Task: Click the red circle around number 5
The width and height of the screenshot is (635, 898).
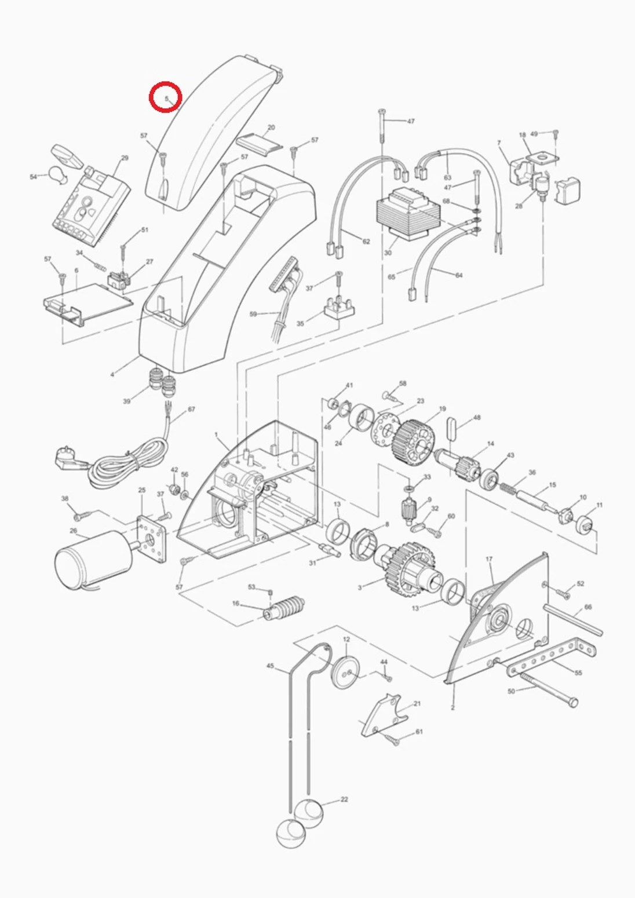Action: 166,97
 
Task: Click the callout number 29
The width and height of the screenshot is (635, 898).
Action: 125,158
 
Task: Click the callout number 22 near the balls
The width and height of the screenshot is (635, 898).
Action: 344,799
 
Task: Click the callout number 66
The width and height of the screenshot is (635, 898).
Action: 588,607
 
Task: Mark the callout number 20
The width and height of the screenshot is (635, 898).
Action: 271,127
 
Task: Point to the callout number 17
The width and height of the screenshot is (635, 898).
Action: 489,560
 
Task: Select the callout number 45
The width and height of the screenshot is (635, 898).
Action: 270,666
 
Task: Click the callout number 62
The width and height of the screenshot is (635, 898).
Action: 366,241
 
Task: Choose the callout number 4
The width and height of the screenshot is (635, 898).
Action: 112,374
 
